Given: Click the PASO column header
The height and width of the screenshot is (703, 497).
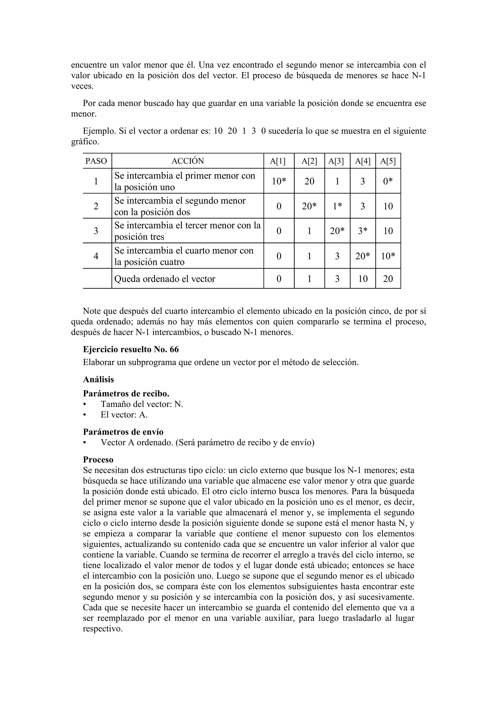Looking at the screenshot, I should coord(96,161).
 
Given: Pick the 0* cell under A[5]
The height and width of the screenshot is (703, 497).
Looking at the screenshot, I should coord(388,181).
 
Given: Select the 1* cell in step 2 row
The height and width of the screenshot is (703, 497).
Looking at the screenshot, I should coord(337,206).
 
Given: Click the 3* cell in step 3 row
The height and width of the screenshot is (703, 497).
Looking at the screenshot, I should coord(363,231).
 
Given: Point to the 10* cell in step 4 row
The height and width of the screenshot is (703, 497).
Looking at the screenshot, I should coord(388,256).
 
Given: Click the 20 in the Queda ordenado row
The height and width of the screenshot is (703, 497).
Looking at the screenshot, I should coord(388,279).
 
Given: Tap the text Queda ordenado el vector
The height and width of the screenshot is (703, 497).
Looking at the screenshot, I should coord(165,279).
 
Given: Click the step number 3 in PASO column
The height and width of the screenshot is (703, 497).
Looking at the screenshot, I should coord(96,231).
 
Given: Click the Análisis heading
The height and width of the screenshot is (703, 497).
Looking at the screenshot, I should coord(98,380).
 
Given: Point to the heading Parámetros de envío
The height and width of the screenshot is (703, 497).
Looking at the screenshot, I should coord(123,432).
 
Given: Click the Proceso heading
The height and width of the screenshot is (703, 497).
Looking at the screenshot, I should coord(98,460).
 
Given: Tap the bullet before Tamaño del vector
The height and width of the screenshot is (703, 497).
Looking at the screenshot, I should coord(84,404).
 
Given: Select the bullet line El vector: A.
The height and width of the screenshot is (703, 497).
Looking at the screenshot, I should coord(124,415).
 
